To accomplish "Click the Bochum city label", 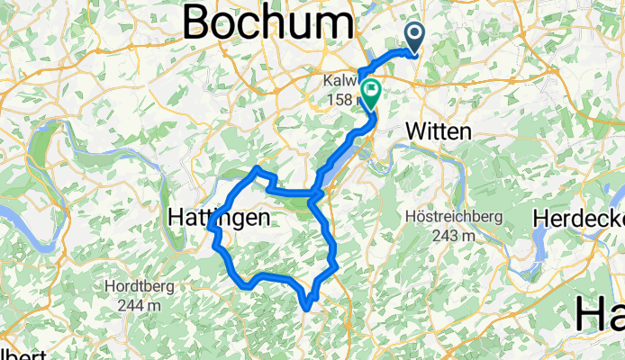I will [x=267, y=22].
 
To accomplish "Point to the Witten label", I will [x=439, y=131].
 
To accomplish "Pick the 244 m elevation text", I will [x=140, y=305].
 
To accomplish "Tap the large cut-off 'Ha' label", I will [x=600, y=317].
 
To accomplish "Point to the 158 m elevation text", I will [x=340, y=98].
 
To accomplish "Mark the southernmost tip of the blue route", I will [x=308, y=308].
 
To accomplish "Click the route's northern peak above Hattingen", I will [x=258, y=168].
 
